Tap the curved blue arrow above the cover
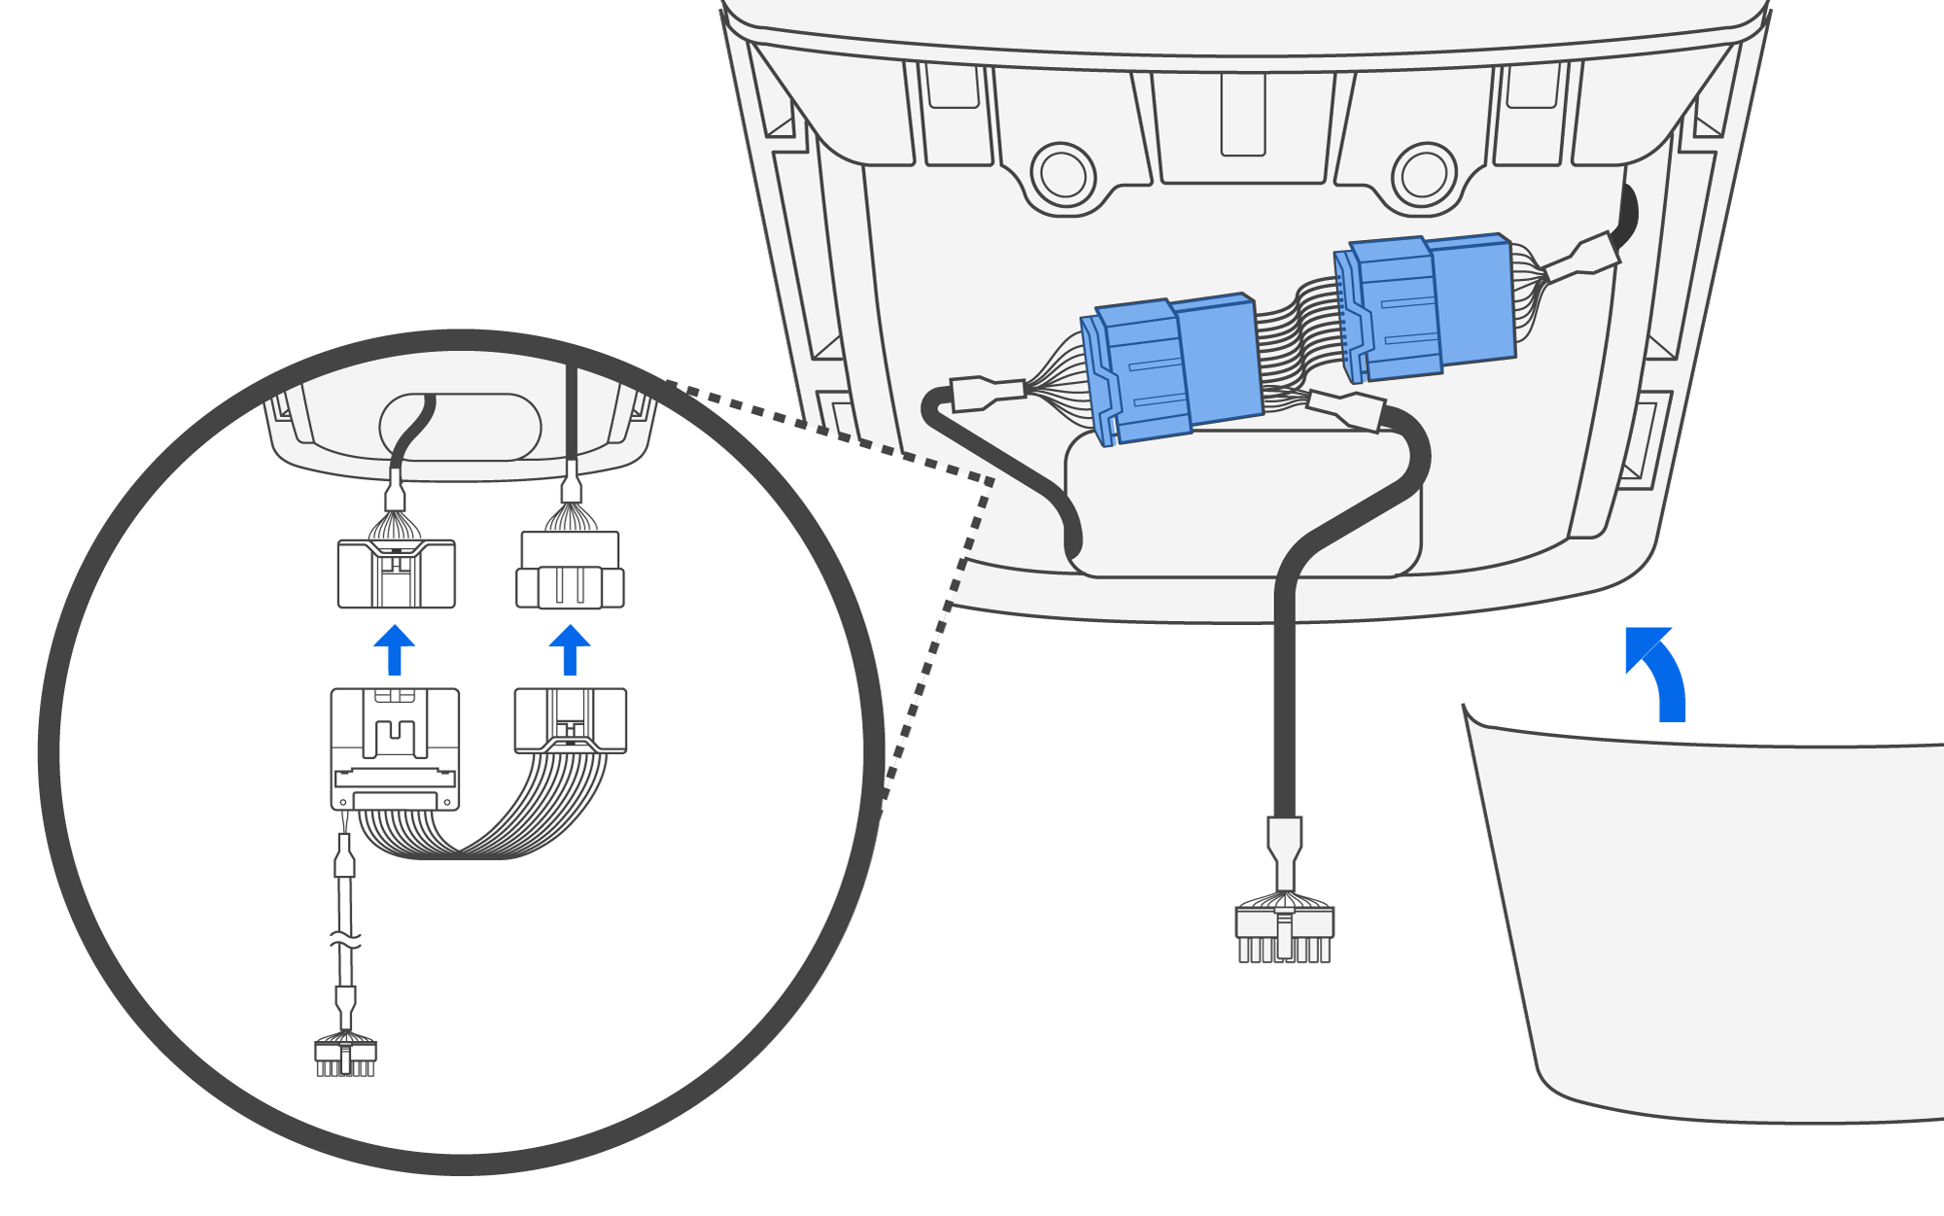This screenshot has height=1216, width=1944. click(1660, 670)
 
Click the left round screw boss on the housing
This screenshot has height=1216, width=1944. click(1062, 175)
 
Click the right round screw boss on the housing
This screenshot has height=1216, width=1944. click(1424, 175)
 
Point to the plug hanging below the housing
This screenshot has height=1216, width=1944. click(1284, 933)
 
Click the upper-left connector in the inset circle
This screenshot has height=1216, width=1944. click(396, 573)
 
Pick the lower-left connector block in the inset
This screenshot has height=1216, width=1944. click(395, 748)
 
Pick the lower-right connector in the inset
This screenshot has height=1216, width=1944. click(571, 720)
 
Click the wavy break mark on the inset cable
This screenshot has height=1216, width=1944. click(346, 941)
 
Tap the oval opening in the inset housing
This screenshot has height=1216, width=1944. click(460, 427)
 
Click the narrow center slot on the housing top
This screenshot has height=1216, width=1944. click(1243, 114)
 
